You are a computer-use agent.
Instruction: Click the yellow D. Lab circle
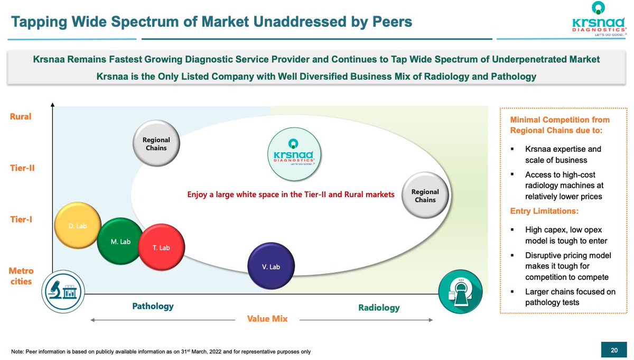click(78, 226)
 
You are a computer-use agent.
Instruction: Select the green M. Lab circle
click(120, 242)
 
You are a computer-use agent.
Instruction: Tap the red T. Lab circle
click(161, 247)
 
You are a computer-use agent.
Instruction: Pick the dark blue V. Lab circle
click(271, 266)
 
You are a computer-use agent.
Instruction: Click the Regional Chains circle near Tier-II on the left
click(156, 144)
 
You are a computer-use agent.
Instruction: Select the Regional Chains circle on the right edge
click(425, 196)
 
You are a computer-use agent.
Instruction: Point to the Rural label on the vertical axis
click(21, 116)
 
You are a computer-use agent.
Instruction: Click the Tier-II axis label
click(22, 168)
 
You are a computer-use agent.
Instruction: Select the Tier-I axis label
click(22, 219)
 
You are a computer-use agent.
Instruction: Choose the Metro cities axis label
click(21, 276)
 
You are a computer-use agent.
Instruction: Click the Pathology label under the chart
click(153, 306)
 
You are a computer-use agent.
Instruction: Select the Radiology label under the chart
click(379, 308)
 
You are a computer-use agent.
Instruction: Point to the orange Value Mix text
click(267, 319)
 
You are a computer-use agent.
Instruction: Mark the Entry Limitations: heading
click(544, 211)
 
